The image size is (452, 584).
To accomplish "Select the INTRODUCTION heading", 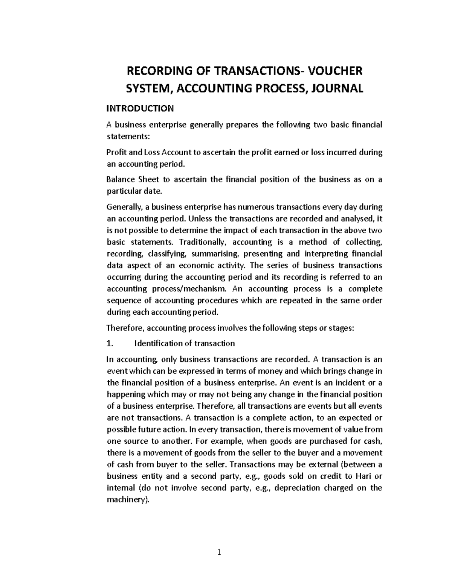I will click(140, 109).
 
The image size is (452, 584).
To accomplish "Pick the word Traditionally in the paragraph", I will click(204, 242).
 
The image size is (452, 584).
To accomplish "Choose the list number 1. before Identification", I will click(110, 343).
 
